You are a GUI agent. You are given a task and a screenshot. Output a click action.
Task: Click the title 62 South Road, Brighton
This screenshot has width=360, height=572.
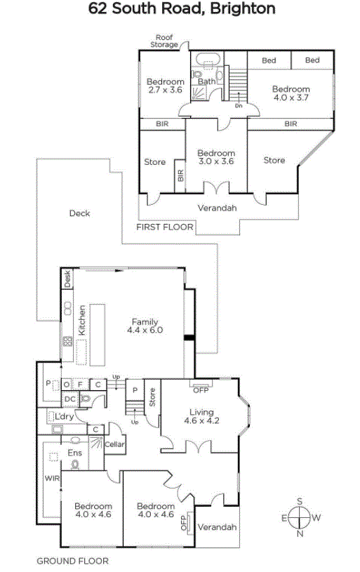point(182,8)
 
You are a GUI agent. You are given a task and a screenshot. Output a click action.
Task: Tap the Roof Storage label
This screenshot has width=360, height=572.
point(164,41)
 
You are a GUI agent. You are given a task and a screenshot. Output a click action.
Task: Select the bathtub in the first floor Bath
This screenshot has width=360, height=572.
point(207,59)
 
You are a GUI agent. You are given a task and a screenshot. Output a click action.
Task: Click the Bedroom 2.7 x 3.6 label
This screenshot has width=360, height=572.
point(165,86)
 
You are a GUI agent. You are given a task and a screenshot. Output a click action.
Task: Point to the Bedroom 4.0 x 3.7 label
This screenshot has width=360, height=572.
point(291,93)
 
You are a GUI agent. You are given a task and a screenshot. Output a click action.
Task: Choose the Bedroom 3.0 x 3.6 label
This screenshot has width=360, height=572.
point(216,157)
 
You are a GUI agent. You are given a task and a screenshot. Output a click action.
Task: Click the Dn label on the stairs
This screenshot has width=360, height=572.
point(239,106)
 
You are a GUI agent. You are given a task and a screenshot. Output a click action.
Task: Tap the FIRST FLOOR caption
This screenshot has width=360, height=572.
point(165,227)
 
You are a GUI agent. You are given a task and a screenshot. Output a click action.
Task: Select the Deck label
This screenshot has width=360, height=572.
point(79,213)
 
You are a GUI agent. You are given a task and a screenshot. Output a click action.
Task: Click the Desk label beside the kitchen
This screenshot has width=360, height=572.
point(67,279)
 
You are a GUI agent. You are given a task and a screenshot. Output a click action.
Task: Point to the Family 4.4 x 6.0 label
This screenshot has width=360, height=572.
point(145,326)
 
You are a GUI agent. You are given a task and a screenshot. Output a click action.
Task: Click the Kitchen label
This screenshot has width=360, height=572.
point(82,320)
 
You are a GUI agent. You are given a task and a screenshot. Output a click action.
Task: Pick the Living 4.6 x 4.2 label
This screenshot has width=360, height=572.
point(201,416)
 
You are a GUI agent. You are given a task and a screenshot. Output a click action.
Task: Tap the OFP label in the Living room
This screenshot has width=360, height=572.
point(201,390)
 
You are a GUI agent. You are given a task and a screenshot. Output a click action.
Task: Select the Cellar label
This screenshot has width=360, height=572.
point(114,444)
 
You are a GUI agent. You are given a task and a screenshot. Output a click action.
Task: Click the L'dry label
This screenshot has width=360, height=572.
point(64,416)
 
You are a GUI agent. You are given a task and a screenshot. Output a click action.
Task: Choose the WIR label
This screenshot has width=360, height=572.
point(52,478)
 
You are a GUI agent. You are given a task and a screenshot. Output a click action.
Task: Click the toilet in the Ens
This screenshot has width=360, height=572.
point(76,465)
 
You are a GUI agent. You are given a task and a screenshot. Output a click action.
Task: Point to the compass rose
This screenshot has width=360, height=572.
point(300,517)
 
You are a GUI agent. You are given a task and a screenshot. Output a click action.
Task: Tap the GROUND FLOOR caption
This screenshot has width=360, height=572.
point(72,561)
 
